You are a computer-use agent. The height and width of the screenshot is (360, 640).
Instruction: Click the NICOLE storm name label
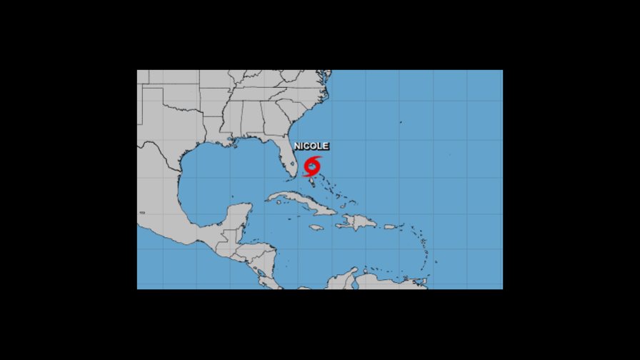pyautogui.click(x=311, y=146)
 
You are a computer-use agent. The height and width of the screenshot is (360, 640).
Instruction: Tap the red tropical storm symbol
pyautogui.click(x=312, y=166)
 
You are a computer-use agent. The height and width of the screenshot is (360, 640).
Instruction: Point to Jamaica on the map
pyautogui.click(x=316, y=228)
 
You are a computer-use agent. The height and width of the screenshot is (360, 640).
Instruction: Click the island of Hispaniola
pyautogui.click(x=358, y=222)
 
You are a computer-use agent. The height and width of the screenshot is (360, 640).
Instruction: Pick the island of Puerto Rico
pyautogui.click(x=390, y=227)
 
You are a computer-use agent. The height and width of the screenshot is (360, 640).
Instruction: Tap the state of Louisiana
pyautogui.click(x=214, y=133)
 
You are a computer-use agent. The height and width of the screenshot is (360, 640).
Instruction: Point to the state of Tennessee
pyautogui.click(x=254, y=94)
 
